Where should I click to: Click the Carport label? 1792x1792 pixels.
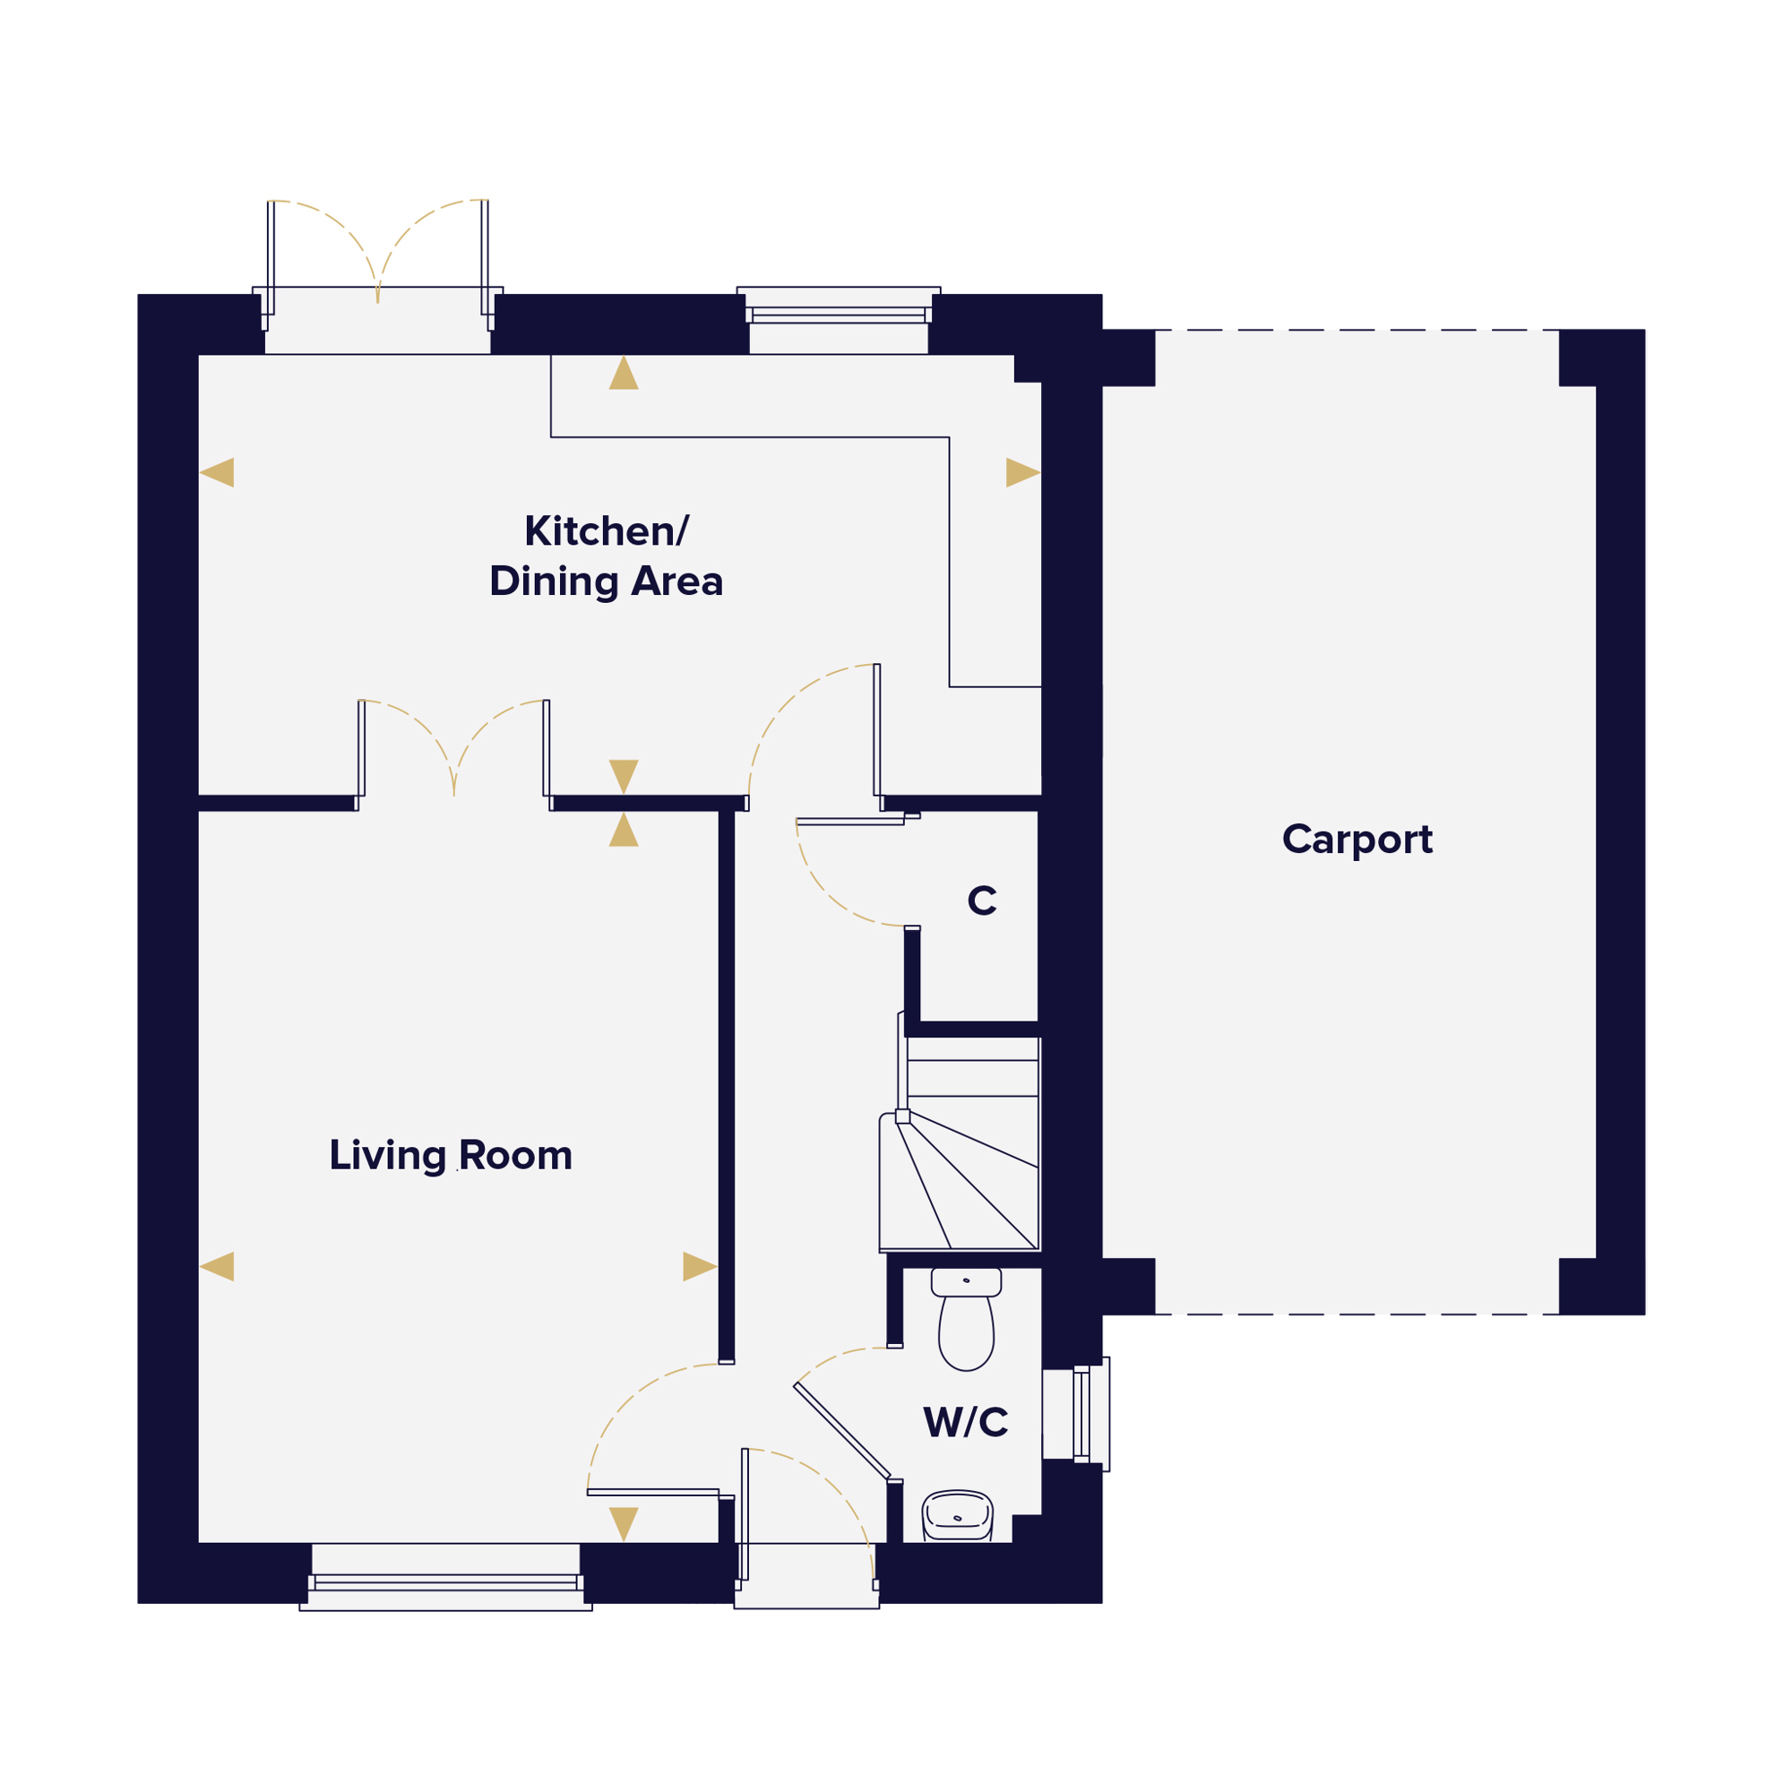coord(1357,840)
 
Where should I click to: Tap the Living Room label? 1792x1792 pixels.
coord(451,1156)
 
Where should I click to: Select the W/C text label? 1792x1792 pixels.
coord(966,1422)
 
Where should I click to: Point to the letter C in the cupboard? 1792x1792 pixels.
coord(982,900)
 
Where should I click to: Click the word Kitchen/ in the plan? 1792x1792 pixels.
coord(607,531)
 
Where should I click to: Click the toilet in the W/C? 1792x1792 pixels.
coord(966,1318)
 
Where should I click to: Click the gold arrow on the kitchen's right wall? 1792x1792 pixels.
coord(1023,472)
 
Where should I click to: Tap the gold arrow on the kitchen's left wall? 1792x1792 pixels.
coord(217,472)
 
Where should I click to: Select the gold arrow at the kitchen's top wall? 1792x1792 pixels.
coord(624,373)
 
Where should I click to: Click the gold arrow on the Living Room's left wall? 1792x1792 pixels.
coord(217,1266)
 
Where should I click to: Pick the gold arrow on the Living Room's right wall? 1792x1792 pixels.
coord(701,1266)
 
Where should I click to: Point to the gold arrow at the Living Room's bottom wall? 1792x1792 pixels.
coord(624,1525)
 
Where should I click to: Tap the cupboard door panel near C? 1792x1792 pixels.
coord(850,821)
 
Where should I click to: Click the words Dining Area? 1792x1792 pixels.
coord(607,582)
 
